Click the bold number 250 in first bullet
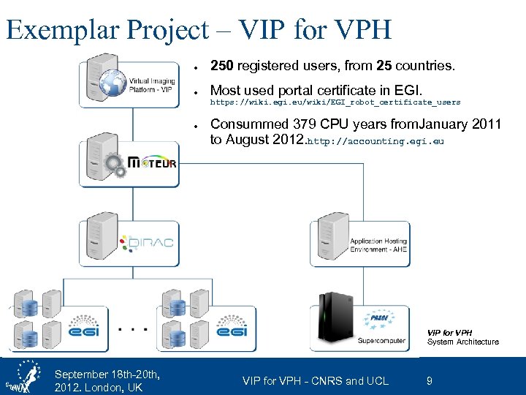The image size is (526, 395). tap(222, 67)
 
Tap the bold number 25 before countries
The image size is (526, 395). tap(384, 67)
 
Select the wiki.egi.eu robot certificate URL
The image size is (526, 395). tap(335, 102)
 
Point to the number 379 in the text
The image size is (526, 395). tap(302, 124)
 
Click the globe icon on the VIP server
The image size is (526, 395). tap(114, 82)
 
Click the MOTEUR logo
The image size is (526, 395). tap(152, 162)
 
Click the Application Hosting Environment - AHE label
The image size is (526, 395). tap(378, 245)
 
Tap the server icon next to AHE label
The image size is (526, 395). tap(328, 235)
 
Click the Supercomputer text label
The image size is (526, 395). tap(382, 341)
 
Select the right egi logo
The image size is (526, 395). tap(232, 331)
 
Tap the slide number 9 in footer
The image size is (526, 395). tap(429, 380)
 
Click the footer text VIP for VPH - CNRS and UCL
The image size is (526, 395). tap(316, 380)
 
